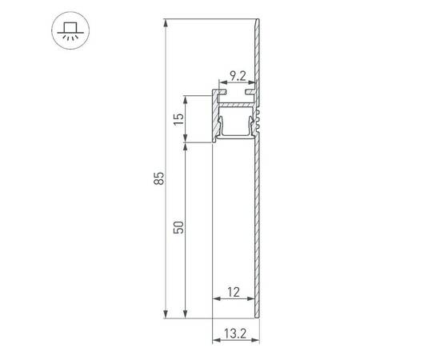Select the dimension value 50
(x=179, y=226)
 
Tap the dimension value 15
(x=179, y=120)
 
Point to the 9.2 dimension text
(x=238, y=78)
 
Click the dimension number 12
(x=233, y=293)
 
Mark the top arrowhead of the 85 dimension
(x=166, y=23)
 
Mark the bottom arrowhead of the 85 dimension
(x=166, y=312)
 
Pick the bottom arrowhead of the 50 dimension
(x=186, y=312)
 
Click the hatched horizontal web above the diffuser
(x=238, y=105)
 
